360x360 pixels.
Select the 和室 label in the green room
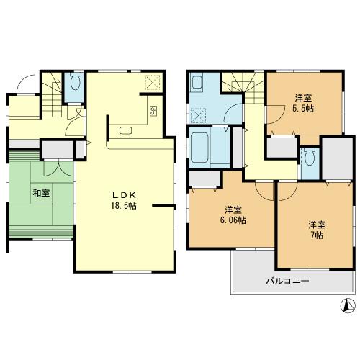click(40, 193)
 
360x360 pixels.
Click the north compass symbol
click(346, 305)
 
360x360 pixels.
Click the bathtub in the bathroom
click(210, 148)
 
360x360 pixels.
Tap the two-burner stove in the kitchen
click(153, 111)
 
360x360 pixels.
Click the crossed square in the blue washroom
click(199, 115)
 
